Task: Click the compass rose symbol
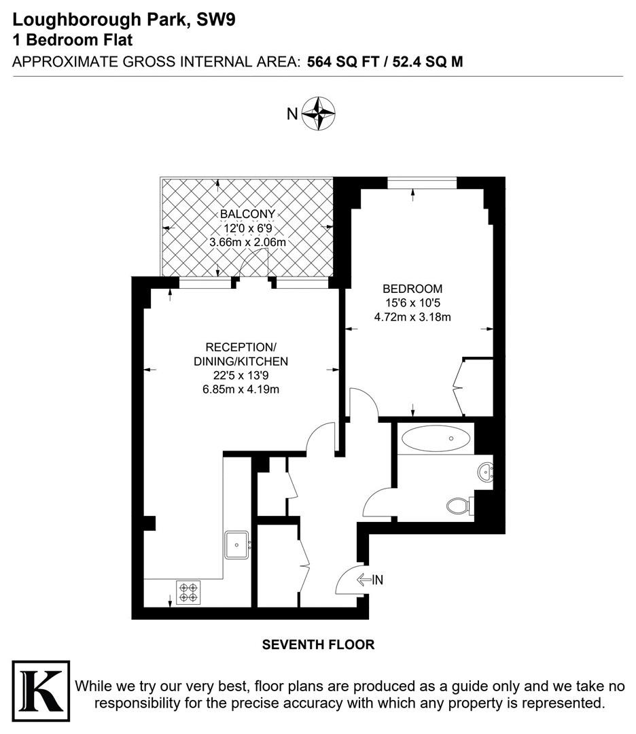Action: pyautogui.click(x=318, y=113)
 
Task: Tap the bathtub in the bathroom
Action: pyautogui.click(x=436, y=438)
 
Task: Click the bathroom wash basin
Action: pyautogui.click(x=485, y=472)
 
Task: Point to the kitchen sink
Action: pyautogui.click(x=237, y=544)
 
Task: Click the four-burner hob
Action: pyautogui.click(x=188, y=592)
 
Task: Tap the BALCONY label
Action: pyautogui.click(x=247, y=214)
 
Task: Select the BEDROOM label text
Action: pyautogui.click(x=412, y=289)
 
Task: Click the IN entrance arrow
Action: pyautogui.click(x=364, y=580)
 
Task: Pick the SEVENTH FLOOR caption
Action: pyautogui.click(x=318, y=644)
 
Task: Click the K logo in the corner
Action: pyautogui.click(x=41, y=691)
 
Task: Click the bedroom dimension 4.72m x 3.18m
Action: pyautogui.click(x=412, y=317)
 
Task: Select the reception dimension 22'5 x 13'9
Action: pyautogui.click(x=241, y=375)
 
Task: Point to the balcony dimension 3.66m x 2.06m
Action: pyautogui.click(x=247, y=243)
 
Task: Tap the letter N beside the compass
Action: pyautogui.click(x=292, y=113)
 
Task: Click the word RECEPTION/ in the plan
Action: pyautogui.click(x=241, y=347)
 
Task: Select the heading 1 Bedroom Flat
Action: pyautogui.click(x=73, y=40)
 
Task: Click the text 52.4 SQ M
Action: pyautogui.click(x=428, y=62)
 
